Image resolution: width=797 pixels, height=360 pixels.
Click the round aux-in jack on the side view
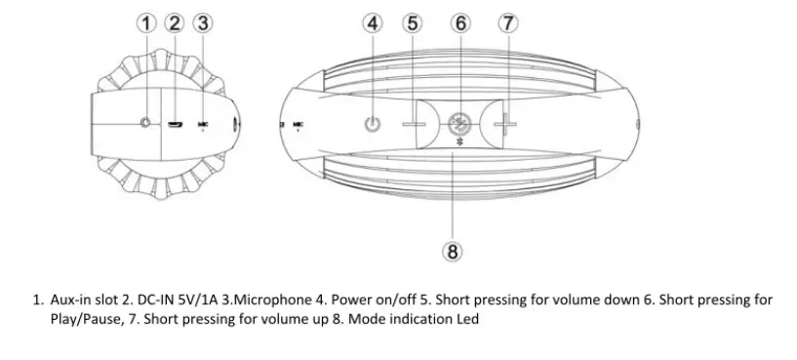pyautogui.click(x=146, y=124)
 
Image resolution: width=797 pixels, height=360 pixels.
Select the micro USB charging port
pyautogui.click(x=175, y=125)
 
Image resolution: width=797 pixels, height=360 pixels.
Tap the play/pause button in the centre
pyautogui.click(x=459, y=124)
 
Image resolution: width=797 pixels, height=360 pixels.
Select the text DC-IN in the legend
pyautogui.click(x=159, y=300)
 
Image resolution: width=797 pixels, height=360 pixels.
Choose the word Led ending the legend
pyautogui.click(x=467, y=320)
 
